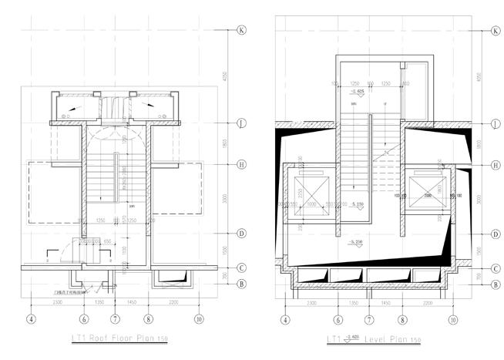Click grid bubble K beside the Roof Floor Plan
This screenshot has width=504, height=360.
click(x=240, y=31)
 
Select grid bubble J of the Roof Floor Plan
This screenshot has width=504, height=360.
click(x=240, y=123)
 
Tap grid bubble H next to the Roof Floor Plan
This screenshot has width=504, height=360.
click(x=240, y=164)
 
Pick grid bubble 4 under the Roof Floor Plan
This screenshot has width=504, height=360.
click(x=32, y=318)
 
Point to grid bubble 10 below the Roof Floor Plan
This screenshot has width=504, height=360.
click(x=199, y=318)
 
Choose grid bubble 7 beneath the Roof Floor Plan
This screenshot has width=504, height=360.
click(x=115, y=318)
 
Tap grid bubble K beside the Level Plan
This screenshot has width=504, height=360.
click(x=495, y=31)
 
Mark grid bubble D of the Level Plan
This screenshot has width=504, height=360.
click(x=495, y=233)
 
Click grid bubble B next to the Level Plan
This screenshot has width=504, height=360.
click(x=495, y=284)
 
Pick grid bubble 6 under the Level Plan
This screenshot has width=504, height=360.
click(x=338, y=318)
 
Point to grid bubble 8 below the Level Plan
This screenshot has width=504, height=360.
click(x=402, y=318)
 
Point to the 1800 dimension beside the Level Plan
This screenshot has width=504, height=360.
click(x=479, y=144)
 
